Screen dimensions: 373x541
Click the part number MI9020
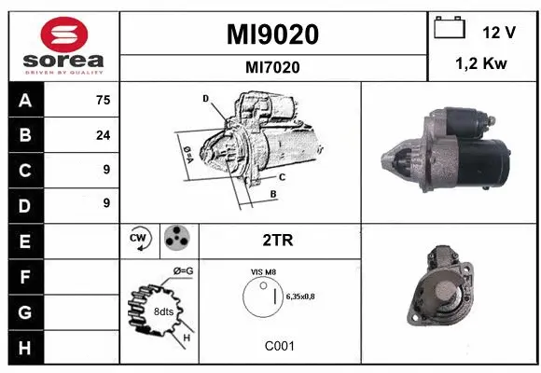pos(272,35)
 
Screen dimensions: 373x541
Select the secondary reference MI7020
pos(272,67)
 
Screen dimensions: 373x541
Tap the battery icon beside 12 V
pos(450,30)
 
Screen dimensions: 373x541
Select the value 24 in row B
pos(103,135)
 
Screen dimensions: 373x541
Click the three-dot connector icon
pos(175,240)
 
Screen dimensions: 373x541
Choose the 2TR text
pos(279,241)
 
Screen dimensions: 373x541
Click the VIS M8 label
pos(264,271)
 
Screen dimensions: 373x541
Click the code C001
pos(279,346)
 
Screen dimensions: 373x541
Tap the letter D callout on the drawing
pos(204,97)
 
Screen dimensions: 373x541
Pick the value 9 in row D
pos(106,202)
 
